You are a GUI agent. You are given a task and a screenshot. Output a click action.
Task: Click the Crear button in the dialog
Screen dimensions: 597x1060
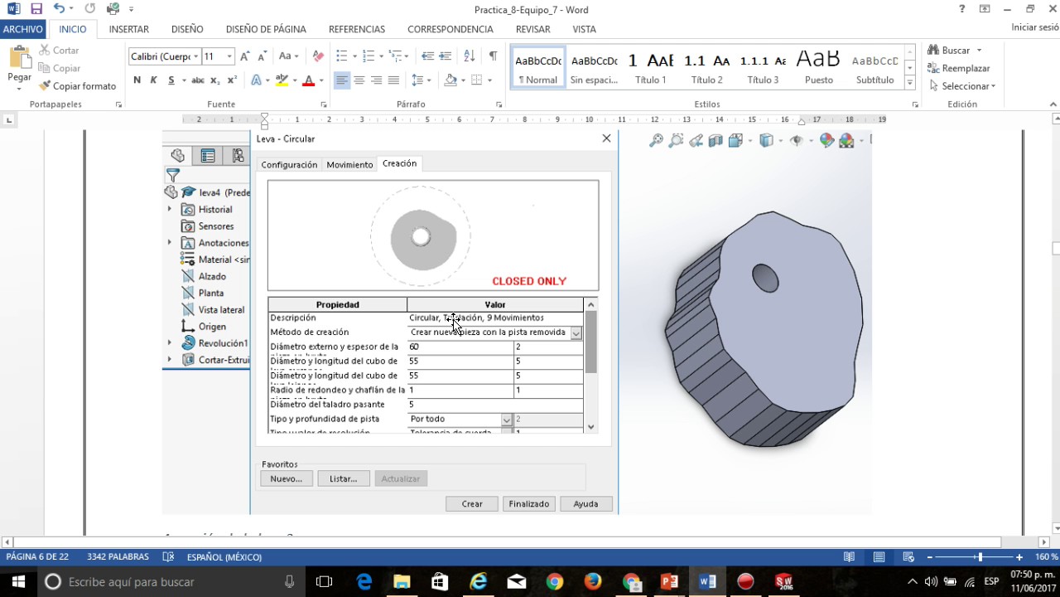(472, 503)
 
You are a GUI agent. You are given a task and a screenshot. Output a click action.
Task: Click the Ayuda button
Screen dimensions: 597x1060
(585, 503)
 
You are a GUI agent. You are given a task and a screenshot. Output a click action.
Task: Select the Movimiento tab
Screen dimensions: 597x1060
(349, 164)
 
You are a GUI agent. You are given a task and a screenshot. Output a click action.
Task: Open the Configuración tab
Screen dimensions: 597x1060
(289, 164)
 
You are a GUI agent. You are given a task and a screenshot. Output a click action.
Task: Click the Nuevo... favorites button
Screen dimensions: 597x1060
(287, 478)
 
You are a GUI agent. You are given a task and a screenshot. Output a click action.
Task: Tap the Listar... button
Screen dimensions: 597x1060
(343, 478)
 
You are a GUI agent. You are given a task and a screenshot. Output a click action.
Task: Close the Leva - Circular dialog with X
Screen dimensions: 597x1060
(606, 138)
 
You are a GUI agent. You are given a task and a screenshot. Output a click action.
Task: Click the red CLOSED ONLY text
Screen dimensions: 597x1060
(529, 281)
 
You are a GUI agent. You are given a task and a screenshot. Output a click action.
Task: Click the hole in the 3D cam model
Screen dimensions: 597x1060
(765, 278)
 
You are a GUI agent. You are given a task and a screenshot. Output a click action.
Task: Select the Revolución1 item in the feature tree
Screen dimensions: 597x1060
(222, 343)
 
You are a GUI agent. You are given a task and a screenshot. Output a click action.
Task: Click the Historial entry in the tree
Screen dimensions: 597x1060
(215, 210)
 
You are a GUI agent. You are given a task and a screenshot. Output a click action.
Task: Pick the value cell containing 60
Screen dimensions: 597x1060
(460, 347)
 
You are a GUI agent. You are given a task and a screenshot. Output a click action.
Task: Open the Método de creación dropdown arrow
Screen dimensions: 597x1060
(576, 332)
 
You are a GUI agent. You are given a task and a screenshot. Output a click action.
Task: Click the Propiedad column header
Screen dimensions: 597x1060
(337, 304)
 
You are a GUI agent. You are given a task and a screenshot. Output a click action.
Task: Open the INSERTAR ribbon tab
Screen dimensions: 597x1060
(128, 29)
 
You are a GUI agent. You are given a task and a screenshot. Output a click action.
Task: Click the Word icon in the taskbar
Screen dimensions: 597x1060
(707, 581)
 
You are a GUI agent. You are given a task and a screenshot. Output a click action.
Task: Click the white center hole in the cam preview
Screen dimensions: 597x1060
(421, 237)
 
